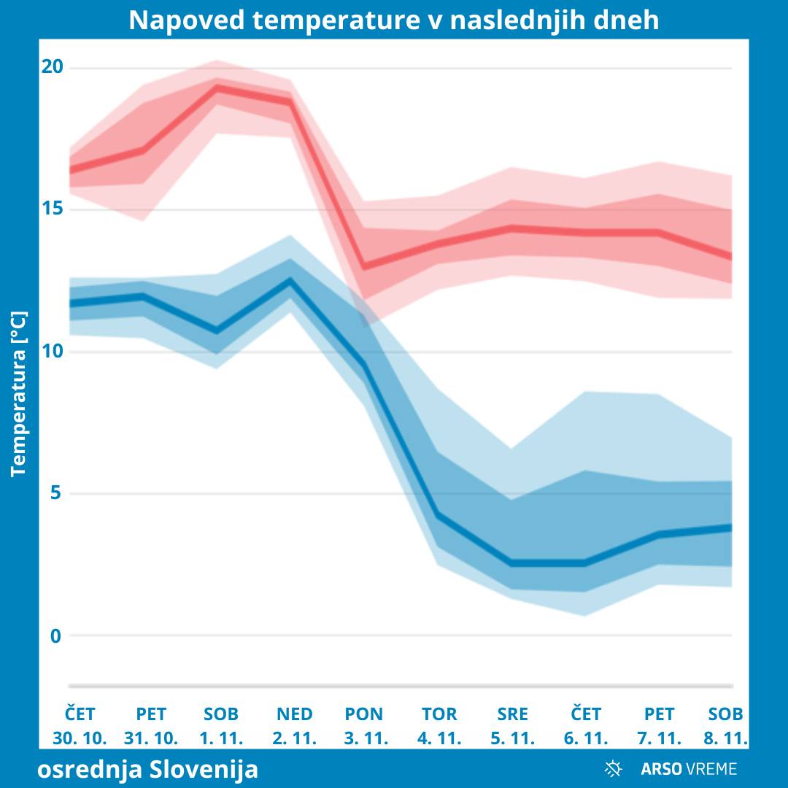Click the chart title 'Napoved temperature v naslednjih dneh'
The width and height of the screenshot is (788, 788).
pos(394,20)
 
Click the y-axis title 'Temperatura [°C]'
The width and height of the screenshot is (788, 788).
pos(19,394)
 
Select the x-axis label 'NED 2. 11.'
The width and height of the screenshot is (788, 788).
pos(294,725)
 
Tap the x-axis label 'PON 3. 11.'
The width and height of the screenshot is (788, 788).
pos(365,725)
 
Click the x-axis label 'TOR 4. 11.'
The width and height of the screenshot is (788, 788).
pos(439,725)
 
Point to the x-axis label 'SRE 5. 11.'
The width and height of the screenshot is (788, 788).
pos(512,725)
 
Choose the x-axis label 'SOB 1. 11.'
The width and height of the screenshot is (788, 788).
pos(220,725)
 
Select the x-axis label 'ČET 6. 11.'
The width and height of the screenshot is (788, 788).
pos(586,725)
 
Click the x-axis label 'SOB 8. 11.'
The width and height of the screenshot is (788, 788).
pos(726,725)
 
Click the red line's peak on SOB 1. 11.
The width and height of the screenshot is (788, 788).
pos(217,88)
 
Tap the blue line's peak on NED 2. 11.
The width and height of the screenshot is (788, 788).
pos(290,281)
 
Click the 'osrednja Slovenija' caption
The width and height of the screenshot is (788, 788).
pos(147,769)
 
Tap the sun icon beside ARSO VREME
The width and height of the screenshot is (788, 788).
pos(613,768)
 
